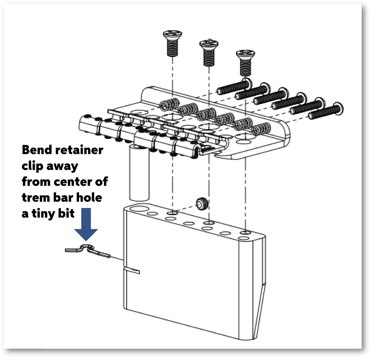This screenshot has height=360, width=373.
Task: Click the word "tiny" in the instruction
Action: [48, 213]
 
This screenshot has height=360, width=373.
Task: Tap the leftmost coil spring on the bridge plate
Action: [169, 103]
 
